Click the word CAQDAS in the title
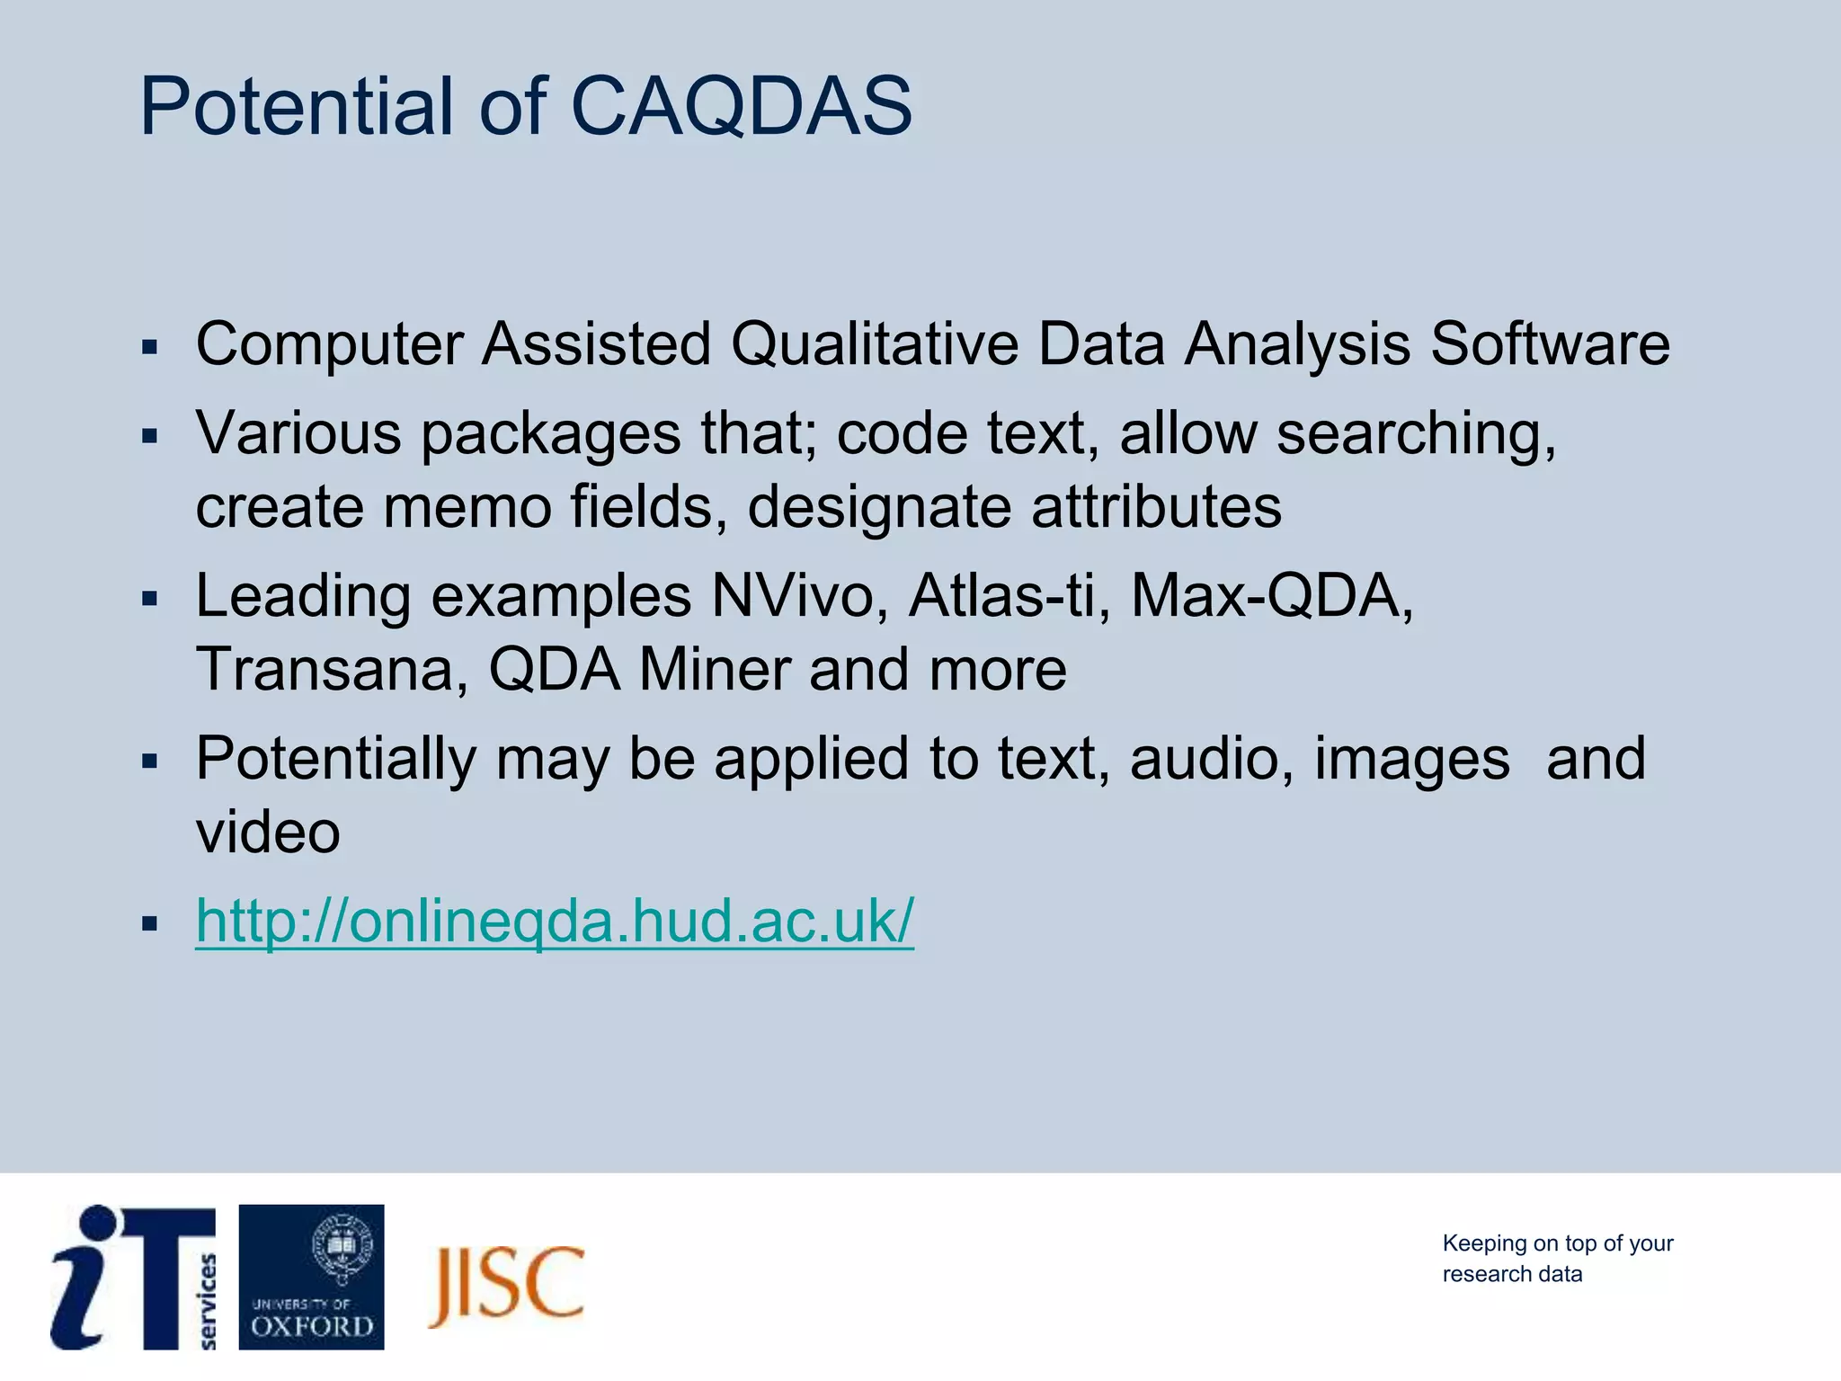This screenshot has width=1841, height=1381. coord(741,106)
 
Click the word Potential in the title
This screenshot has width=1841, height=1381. coord(297,106)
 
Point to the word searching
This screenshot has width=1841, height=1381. coord(1416,434)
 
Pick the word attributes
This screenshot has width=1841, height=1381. coord(1156,506)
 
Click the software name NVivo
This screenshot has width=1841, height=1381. coord(792,596)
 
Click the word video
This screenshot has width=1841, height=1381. coord(268,832)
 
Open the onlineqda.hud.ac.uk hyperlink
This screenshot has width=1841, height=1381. coord(555,921)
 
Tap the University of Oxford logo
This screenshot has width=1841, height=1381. coord(311,1277)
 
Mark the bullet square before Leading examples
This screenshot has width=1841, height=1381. coord(150,598)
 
